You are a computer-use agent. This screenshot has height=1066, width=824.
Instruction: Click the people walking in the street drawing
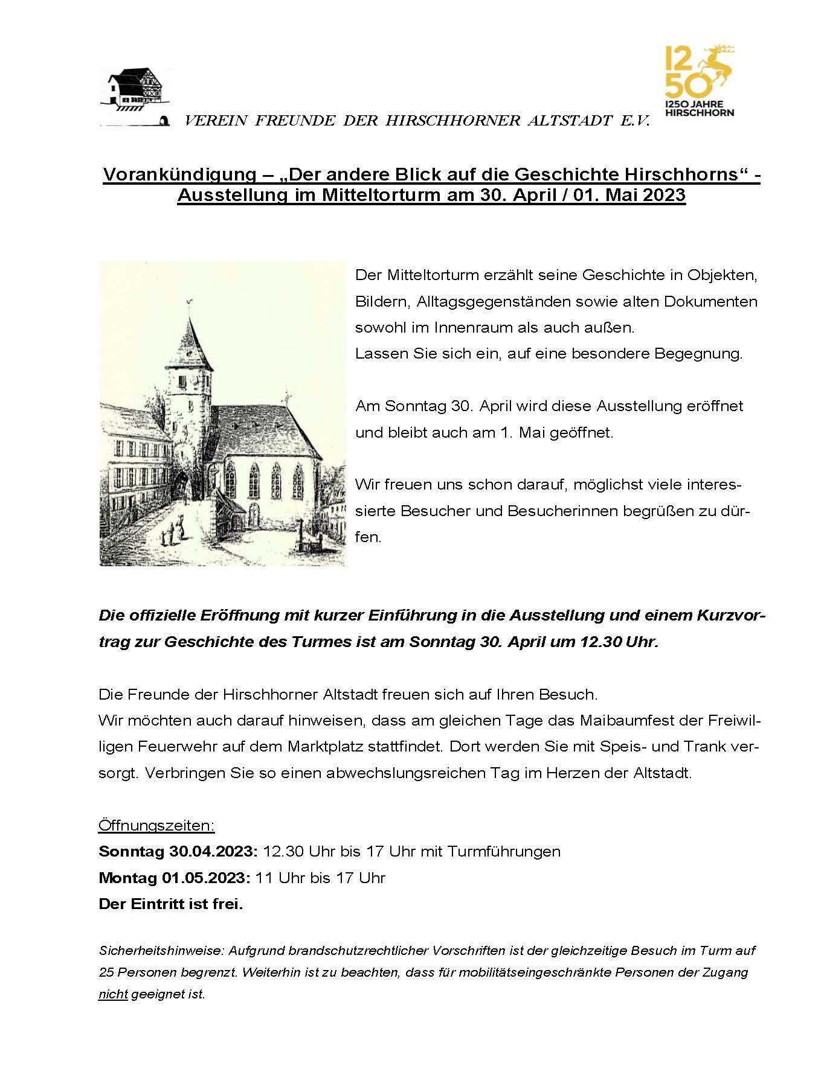coord(172,532)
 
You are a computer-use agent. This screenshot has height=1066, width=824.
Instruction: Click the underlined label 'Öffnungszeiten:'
coord(156,825)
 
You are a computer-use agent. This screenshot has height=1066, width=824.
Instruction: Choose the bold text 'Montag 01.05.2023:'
coord(175,878)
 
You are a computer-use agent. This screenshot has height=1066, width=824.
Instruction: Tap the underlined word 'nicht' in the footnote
coord(113,994)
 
